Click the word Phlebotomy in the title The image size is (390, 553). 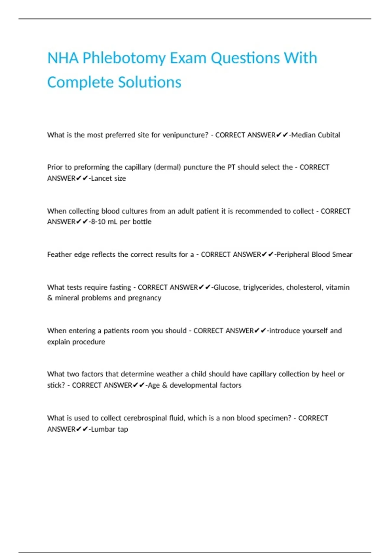124,59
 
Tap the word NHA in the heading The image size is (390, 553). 63,59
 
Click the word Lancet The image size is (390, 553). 100,178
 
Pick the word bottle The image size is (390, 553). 142,222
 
